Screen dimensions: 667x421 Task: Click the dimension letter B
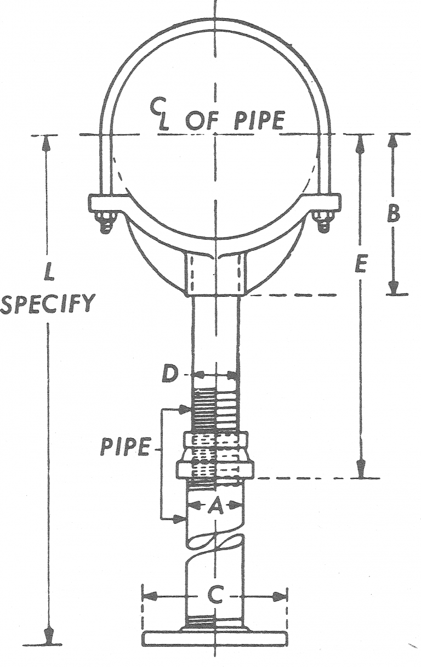coord(393,214)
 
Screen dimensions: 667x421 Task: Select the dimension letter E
coord(360,265)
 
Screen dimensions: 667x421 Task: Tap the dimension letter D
coord(170,375)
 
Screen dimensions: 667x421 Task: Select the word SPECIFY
coord(47,303)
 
